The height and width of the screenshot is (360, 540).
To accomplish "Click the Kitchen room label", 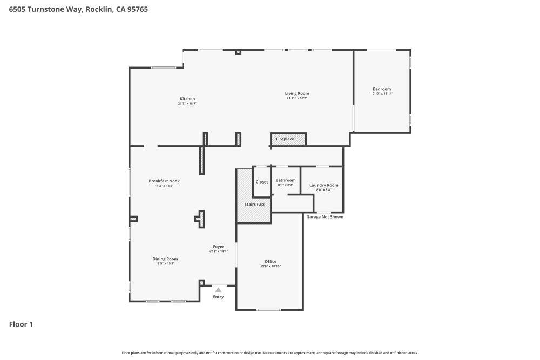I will click(x=187, y=99).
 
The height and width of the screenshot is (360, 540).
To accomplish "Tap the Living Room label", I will click(x=297, y=93).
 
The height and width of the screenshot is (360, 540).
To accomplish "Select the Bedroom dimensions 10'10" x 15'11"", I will click(x=382, y=94).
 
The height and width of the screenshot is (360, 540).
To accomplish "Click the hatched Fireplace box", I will click(x=288, y=139).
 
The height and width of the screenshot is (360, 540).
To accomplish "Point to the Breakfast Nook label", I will click(x=164, y=181).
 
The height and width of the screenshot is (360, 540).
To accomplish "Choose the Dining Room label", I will click(x=165, y=259).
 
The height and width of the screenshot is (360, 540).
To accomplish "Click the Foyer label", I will click(x=218, y=247).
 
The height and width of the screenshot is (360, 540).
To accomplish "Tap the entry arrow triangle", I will click(x=218, y=290).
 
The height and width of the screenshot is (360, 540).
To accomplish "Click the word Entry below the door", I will click(x=218, y=297).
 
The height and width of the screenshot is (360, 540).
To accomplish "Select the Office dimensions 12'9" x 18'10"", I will click(x=271, y=266).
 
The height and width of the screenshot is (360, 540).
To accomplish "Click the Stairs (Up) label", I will click(x=254, y=204).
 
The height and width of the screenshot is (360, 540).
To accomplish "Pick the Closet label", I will click(x=262, y=182).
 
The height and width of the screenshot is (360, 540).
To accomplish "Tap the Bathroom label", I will click(x=286, y=180).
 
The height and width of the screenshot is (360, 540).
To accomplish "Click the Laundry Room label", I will click(x=323, y=185).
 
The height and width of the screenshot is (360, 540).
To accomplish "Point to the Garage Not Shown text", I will click(x=325, y=217).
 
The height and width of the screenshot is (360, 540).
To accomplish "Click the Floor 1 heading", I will click(x=21, y=324).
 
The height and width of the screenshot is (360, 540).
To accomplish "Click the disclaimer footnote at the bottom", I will click(x=270, y=352).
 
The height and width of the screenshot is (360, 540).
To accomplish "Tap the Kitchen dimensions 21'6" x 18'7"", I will click(x=187, y=104).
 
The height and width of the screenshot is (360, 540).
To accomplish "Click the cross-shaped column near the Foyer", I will click(x=200, y=218).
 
